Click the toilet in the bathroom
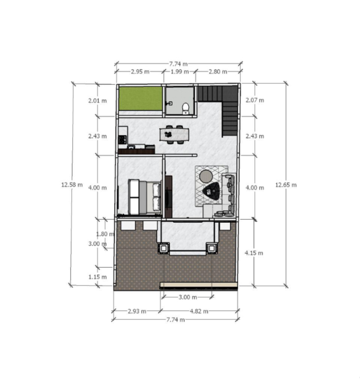click(185, 109)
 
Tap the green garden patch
click(140, 99)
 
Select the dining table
click(174, 134)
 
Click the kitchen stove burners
click(122, 139)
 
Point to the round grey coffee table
click(206, 176)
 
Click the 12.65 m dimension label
click(286, 185)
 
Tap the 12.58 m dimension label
click(72, 184)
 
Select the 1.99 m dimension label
click(180, 72)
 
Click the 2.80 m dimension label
click(218, 72)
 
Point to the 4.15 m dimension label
click(253, 253)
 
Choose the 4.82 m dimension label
click(199, 311)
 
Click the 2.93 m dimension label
click(137, 311)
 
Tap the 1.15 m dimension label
click(97, 277)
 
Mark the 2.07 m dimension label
click(254, 100)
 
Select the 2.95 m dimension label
click(140, 72)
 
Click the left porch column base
click(164, 248)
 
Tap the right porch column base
click(212, 248)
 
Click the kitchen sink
click(131, 147)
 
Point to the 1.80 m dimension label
click(105, 234)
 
